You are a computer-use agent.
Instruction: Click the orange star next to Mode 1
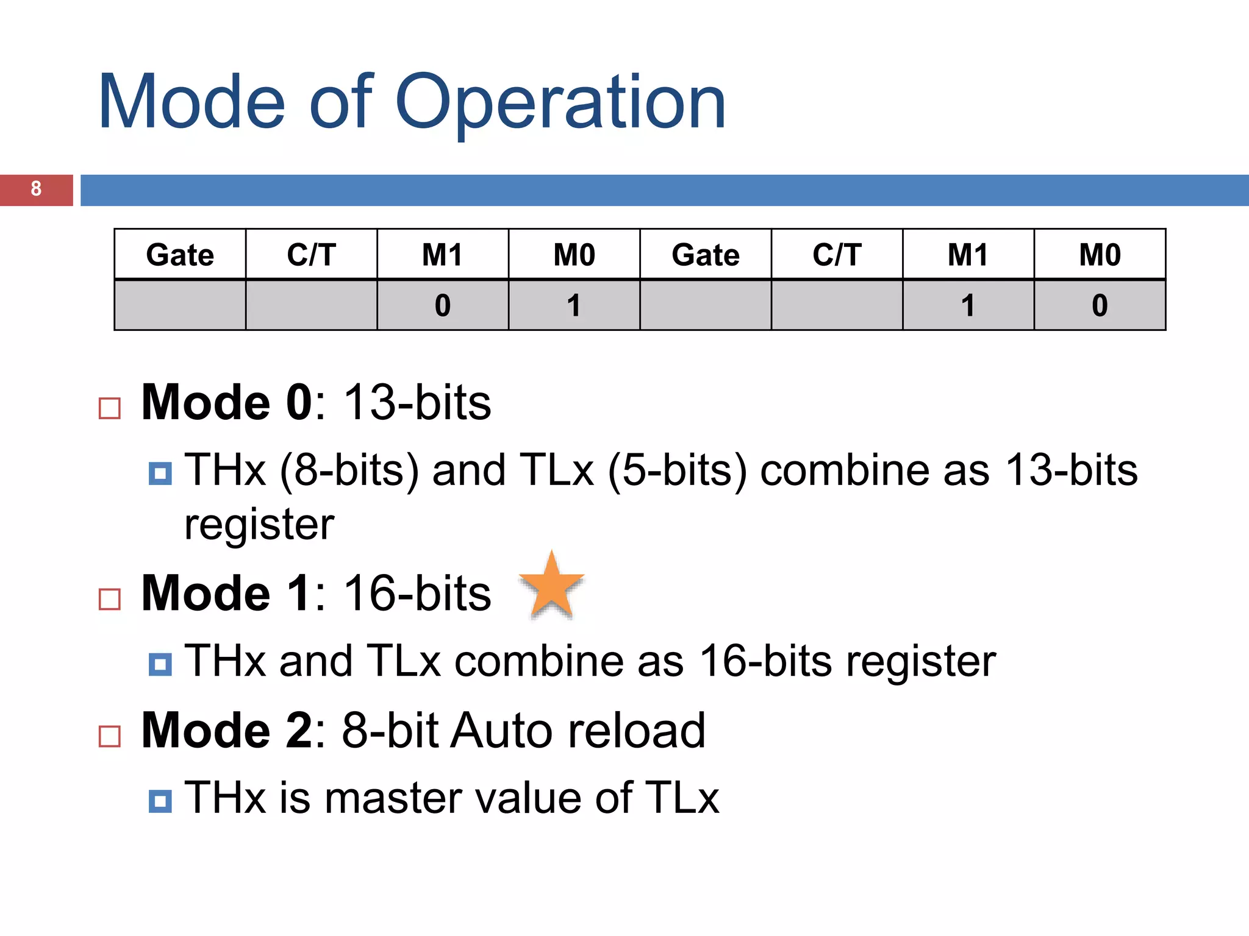(551, 587)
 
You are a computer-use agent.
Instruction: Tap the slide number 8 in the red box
(36, 189)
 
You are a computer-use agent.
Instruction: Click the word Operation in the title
(560, 102)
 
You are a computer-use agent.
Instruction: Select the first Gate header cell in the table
(180, 255)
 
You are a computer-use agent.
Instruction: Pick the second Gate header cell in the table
(706, 255)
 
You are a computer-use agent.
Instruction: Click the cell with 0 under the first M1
(443, 305)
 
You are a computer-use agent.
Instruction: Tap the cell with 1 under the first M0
(574, 305)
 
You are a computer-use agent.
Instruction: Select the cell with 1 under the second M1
(968, 305)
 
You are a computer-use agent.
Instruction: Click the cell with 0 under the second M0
(1100, 305)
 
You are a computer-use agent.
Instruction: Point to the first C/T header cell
(311, 255)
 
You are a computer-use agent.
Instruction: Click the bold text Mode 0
(226, 403)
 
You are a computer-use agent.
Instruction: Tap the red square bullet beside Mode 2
(110, 736)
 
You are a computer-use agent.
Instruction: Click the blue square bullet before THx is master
(160, 801)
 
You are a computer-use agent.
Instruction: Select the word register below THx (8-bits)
(259, 525)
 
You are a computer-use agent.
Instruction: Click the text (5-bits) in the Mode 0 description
(677, 470)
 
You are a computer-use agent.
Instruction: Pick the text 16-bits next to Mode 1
(417, 594)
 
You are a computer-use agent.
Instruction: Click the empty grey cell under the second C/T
(837, 305)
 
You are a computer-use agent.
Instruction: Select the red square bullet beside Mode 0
(110, 408)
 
